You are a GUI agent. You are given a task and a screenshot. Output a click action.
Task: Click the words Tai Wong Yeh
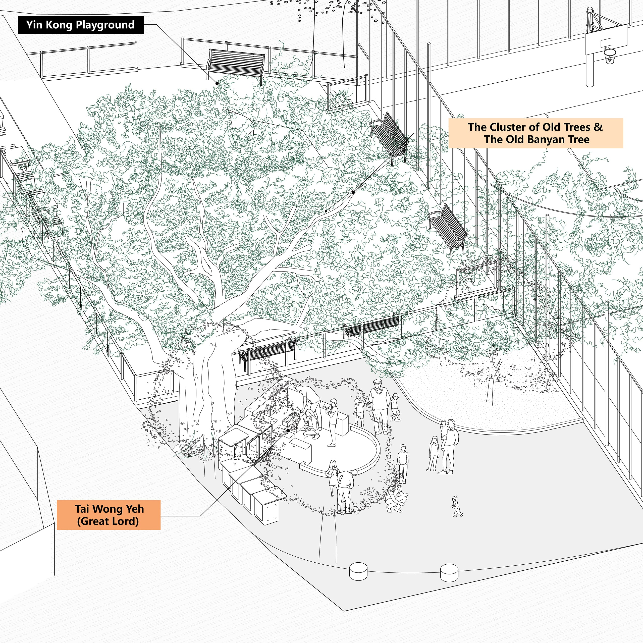109,509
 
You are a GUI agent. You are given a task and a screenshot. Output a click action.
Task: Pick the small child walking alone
457,506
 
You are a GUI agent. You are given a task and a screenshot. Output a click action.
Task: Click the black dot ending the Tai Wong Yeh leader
288,430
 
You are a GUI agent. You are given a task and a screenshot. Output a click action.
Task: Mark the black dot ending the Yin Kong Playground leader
217,83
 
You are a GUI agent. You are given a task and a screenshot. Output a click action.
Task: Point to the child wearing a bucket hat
395,406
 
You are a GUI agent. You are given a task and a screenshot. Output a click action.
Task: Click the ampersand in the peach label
598,127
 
